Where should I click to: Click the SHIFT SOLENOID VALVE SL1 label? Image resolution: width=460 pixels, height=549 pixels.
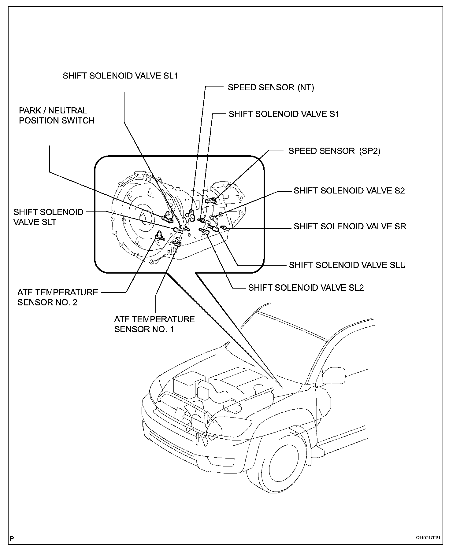click(x=120, y=76)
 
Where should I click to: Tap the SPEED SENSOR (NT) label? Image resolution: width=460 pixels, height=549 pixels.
click(x=271, y=87)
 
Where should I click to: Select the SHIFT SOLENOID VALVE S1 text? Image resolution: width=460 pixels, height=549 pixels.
click(x=284, y=114)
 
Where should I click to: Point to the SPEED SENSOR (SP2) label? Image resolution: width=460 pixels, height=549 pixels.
click(x=334, y=151)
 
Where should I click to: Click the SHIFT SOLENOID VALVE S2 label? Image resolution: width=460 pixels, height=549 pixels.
click(x=349, y=190)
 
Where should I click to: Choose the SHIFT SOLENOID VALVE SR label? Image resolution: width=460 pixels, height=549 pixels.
click(x=350, y=226)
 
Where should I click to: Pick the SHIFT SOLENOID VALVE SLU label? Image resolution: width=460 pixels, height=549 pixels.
click(x=347, y=265)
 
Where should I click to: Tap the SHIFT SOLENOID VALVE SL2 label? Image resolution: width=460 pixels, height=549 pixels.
click(x=306, y=288)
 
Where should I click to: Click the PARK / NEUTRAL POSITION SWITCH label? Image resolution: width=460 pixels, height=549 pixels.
click(x=57, y=116)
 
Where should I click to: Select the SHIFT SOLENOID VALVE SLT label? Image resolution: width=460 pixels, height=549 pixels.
click(x=48, y=217)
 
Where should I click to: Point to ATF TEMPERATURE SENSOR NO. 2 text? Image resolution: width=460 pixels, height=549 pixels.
click(x=58, y=297)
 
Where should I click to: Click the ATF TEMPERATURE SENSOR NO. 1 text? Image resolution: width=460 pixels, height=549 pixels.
click(x=154, y=324)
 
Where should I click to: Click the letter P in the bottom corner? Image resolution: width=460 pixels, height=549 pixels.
click(x=12, y=538)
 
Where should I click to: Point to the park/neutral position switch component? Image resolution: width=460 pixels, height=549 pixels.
click(x=167, y=217)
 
